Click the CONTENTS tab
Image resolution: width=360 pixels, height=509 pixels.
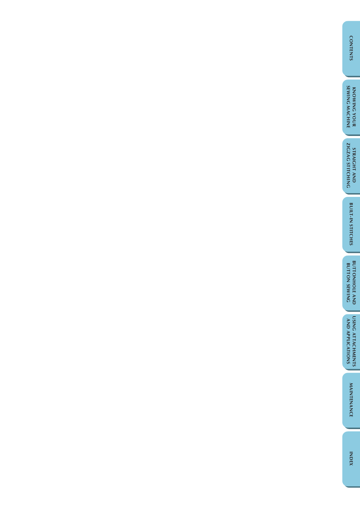tap(351, 48)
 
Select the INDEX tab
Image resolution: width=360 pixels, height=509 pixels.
tap(351, 459)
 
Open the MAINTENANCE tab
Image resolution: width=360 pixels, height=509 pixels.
tap(351, 400)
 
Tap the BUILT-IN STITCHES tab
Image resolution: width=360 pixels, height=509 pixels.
tap(351, 224)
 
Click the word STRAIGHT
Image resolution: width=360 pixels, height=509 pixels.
tap(354, 159)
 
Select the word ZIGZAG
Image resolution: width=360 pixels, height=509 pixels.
tap(348, 151)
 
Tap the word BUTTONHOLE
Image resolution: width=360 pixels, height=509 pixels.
tap(354, 277)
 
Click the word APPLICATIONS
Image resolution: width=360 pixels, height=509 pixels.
tap(348, 348)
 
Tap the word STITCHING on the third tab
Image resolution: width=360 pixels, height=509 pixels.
tap(348, 175)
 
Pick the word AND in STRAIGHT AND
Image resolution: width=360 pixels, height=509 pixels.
tap(354, 177)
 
